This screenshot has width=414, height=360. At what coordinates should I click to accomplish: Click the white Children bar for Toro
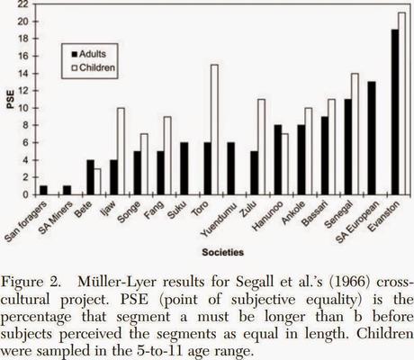(214, 130)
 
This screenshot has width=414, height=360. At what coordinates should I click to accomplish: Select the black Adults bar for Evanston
(395, 112)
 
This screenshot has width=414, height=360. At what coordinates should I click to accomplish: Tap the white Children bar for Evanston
(402, 103)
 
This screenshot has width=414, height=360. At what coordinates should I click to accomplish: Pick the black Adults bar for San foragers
(43, 190)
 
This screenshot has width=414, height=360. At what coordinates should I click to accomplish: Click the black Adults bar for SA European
(372, 139)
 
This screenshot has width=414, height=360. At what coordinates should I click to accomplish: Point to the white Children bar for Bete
(97, 182)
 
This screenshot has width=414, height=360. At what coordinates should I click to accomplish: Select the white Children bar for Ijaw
(121, 151)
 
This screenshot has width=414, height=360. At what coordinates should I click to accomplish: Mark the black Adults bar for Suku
(184, 168)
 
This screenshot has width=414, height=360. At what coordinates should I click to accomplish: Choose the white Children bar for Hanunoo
(285, 165)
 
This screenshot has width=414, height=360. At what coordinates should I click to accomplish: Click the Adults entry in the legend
(89, 54)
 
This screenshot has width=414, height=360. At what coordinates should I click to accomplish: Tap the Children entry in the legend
(94, 67)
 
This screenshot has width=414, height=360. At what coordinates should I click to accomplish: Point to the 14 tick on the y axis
(33, 74)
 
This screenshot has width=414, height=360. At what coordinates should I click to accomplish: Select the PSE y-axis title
(11, 100)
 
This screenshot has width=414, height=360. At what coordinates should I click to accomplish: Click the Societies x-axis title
(223, 252)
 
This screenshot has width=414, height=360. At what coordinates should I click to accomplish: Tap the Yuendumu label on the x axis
(220, 220)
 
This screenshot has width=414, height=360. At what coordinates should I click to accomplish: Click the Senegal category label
(338, 214)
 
